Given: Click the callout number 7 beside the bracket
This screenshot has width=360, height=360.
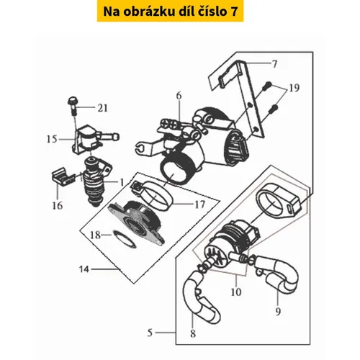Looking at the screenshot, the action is pyautogui.click(x=274, y=64).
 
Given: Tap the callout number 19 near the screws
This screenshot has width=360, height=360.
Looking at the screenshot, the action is pyautogui.click(x=294, y=88).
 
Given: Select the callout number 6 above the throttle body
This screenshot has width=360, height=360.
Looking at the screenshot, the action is pyautogui.click(x=179, y=96).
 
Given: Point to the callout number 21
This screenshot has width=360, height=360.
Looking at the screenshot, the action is pyautogui.click(x=102, y=108).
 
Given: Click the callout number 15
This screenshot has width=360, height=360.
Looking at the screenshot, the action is pyautogui.click(x=52, y=139).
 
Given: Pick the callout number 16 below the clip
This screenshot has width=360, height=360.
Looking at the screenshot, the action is pyautogui.click(x=58, y=206).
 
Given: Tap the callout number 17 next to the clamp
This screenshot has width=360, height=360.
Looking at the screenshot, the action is pyautogui.click(x=200, y=204).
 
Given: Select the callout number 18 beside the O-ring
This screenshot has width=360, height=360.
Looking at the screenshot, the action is pyautogui.click(x=95, y=235).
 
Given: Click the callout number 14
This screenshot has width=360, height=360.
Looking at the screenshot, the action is pyautogui.click(x=84, y=269).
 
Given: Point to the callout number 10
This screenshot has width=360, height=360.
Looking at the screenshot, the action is pyautogui.click(x=236, y=292).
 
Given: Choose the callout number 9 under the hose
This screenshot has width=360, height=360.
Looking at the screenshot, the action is pyautogui.click(x=278, y=312).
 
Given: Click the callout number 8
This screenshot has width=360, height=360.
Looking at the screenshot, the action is pyautogui.click(x=193, y=333).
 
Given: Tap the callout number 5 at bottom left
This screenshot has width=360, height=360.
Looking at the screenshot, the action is pyautogui.click(x=150, y=333).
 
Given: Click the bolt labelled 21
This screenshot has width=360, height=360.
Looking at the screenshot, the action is pyautogui.click(x=73, y=106).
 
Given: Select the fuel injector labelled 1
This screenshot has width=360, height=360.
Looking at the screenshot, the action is pyautogui.click(x=96, y=181).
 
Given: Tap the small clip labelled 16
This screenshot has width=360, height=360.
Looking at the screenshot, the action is pyautogui.click(x=63, y=176).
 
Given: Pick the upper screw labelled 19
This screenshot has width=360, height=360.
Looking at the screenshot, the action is pyautogui.click(x=267, y=86).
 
